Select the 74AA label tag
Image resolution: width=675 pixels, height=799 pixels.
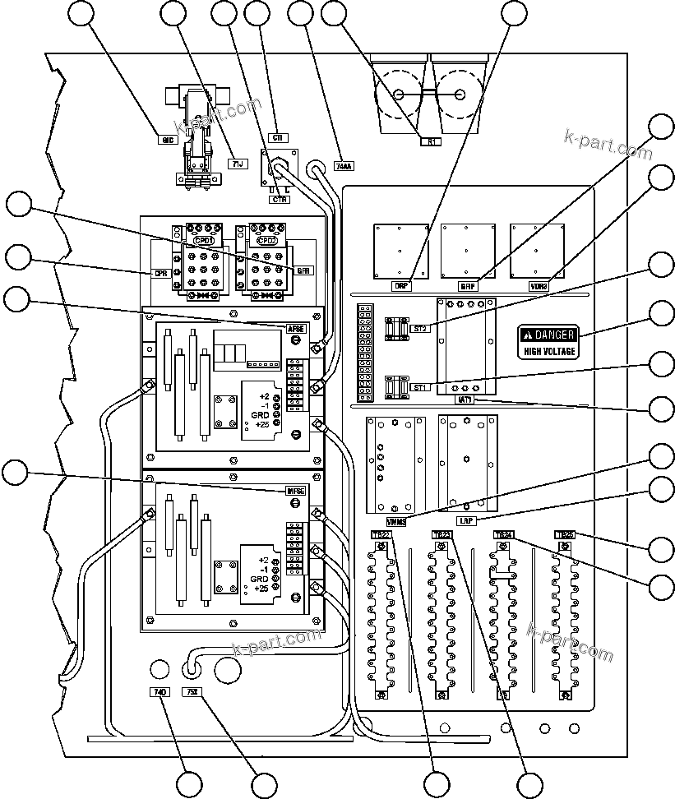344,166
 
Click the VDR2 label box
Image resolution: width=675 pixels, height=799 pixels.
539,286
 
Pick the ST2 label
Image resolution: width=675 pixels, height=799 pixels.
418,329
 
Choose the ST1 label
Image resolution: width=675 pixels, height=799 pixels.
418,388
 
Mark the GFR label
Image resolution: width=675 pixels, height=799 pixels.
303,269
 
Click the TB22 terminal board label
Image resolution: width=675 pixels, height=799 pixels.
381,535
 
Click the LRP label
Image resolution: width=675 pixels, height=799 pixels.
465,521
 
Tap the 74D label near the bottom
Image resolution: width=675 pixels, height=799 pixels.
160,692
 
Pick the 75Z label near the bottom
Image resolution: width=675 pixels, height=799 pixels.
192,692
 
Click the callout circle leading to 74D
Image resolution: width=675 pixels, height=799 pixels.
190,784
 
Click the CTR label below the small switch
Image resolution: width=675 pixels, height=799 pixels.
279,199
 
